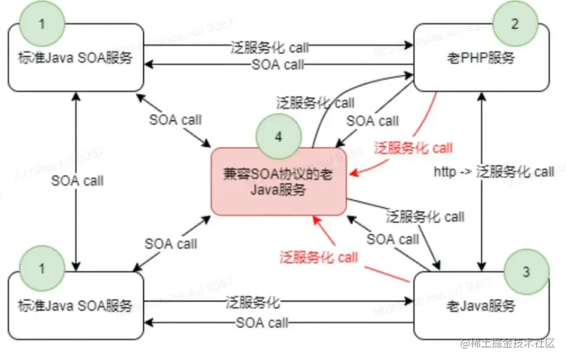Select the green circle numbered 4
pyautogui.click(x=278, y=135)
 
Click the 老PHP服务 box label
pyautogui.click(x=483, y=59)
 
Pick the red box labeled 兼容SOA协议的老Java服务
pyautogui.click(x=278, y=181)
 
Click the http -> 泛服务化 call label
pyautogui.click(x=494, y=172)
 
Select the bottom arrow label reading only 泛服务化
pyautogui.click(x=252, y=303)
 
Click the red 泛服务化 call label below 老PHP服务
pyautogui.click(x=413, y=147)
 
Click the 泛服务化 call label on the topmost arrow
pyautogui.click(x=269, y=46)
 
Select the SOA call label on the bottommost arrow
pyautogui.click(x=262, y=323)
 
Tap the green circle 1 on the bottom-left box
pyautogui.click(x=41, y=269)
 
